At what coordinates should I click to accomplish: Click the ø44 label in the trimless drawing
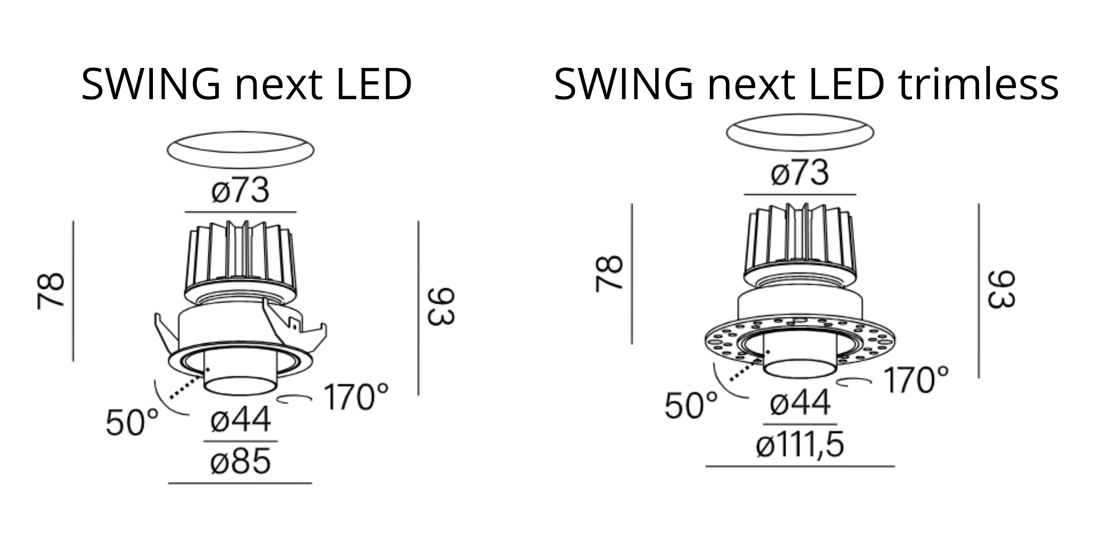(800, 403)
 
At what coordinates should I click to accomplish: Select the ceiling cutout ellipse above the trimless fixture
(800, 132)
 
